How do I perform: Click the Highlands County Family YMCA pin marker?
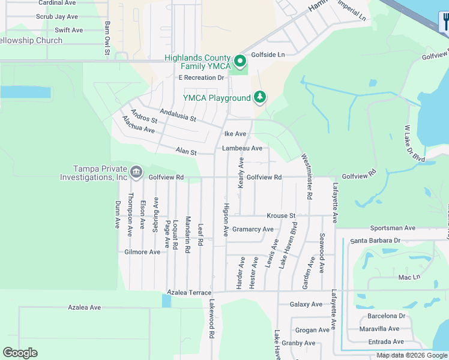click(240, 61)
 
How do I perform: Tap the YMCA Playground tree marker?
click(260, 97)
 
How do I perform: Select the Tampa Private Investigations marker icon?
click(136, 173)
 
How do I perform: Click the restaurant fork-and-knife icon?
click(445, 23)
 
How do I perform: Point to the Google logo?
click(20, 353)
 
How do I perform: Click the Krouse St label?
click(281, 215)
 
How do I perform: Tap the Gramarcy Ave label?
click(253, 229)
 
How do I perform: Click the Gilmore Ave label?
click(142, 252)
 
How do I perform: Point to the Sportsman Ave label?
click(393, 228)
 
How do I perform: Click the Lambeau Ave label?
click(242, 148)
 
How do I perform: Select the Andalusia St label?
click(178, 115)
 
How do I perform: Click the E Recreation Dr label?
click(201, 77)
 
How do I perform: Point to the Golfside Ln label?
click(268, 55)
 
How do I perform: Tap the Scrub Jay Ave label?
click(57, 17)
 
